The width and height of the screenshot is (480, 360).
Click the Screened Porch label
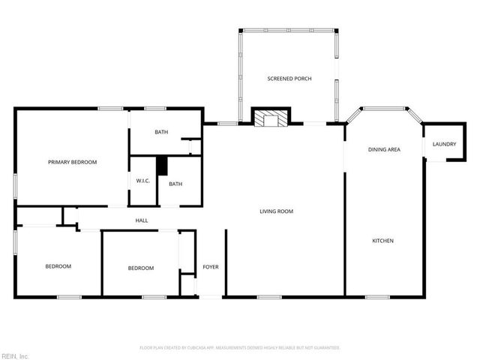click(x=289, y=79)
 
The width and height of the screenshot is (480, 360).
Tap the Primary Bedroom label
click(x=72, y=162)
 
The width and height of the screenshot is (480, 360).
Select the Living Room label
click(x=276, y=211)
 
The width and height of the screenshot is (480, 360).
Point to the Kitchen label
click(x=383, y=241)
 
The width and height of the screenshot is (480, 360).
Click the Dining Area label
click(x=383, y=149)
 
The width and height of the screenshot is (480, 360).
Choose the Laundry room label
click(x=444, y=144)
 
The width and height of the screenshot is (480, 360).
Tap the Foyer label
click(x=211, y=267)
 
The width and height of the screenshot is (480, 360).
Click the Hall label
click(x=141, y=220)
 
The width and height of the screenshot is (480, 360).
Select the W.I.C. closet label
click(x=144, y=181)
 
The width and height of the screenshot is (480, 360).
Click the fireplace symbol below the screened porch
click(x=269, y=118)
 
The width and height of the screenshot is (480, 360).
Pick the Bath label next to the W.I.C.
click(x=175, y=184)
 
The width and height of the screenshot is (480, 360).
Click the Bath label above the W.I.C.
click(x=161, y=133)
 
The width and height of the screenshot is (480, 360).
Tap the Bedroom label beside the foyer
click(x=140, y=268)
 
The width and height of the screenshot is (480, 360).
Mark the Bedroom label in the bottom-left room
click(x=58, y=266)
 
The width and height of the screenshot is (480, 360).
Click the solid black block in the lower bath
click(x=160, y=166)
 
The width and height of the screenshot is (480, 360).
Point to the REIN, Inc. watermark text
click(x=14, y=355)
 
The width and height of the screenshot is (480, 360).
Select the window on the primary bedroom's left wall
click(x=15, y=185)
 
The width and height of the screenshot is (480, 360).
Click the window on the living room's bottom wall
click(x=268, y=297)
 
